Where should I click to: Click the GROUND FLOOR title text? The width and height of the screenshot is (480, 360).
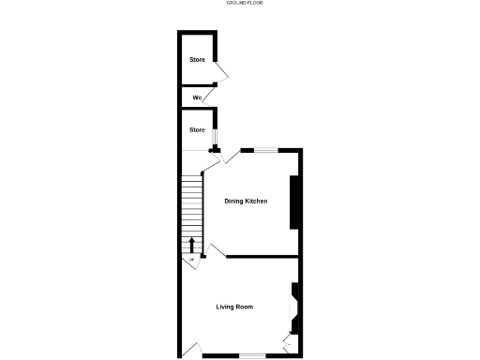(x=240, y=4)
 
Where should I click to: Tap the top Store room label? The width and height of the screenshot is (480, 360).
(x=197, y=60)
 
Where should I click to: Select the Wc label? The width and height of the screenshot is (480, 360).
(x=197, y=98)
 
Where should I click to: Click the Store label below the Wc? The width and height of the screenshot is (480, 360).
(x=197, y=129)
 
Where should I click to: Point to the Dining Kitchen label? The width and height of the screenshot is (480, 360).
(x=246, y=202)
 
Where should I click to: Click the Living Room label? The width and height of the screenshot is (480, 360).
(x=234, y=307)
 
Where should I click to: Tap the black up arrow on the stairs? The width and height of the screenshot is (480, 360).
(x=192, y=247)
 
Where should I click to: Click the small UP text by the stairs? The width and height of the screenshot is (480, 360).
(x=192, y=260)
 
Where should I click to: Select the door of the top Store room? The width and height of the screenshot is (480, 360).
(x=222, y=72)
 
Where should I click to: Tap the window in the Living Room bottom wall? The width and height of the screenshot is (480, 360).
(x=251, y=354)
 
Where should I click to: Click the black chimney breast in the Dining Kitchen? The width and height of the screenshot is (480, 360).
(x=294, y=202)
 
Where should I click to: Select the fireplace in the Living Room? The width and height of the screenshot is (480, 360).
(x=294, y=307)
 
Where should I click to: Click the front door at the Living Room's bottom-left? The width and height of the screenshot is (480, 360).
(x=194, y=350)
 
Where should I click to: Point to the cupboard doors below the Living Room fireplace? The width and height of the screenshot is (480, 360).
(x=288, y=343)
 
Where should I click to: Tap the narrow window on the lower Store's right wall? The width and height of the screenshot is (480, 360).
(x=214, y=138)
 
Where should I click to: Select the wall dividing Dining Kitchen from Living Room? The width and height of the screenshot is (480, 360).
(x=262, y=256)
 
